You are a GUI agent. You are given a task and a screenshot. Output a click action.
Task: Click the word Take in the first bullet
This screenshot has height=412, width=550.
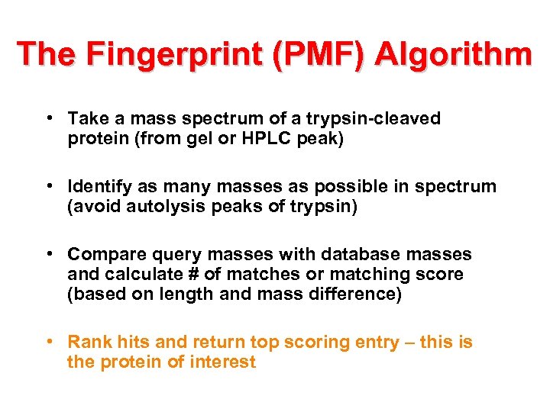(86, 118)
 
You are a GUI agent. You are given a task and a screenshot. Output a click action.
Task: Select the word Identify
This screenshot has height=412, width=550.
(98, 186)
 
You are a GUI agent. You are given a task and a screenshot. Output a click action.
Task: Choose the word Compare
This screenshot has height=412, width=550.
(102, 254)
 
